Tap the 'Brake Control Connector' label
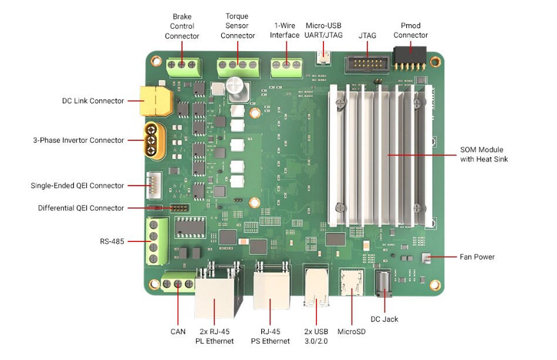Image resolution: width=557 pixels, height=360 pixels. coord(182,26)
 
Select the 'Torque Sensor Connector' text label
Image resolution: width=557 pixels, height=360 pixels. coord(238,26)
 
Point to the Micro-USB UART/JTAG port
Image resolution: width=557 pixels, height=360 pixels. coord(323,56)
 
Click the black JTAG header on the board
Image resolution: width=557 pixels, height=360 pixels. coord(363,63)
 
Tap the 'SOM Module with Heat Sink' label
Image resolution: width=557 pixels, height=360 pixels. coord(484,154)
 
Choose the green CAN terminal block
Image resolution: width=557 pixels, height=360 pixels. coord(178,284)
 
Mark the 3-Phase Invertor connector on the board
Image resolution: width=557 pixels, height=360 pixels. coord(154,140)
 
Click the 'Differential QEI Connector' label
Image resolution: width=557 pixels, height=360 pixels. coord(81,208)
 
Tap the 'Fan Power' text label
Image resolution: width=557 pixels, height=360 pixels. coord(477,257)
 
